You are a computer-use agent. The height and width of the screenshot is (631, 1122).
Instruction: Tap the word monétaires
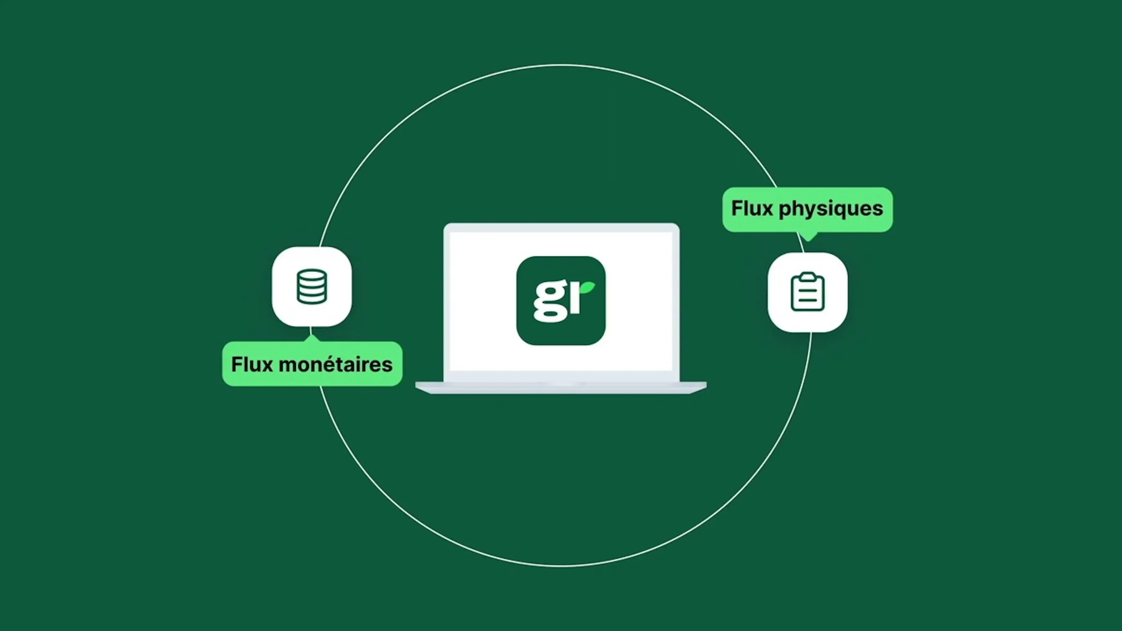(x=336, y=365)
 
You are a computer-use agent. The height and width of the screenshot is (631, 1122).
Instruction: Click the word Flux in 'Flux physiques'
(x=752, y=208)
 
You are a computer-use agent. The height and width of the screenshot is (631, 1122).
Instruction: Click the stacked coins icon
(x=311, y=286)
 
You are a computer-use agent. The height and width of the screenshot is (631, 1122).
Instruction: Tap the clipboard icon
(x=807, y=292)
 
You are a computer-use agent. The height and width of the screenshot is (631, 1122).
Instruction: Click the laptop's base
(x=561, y=388)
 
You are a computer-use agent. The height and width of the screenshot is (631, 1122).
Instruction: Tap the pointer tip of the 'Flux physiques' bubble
(x=809, y=240)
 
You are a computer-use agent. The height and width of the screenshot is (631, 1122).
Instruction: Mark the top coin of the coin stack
(x=311, y=276)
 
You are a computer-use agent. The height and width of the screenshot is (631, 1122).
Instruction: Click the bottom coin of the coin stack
(x=311, y=298)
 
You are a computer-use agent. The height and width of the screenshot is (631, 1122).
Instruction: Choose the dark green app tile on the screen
(x=561, y=301)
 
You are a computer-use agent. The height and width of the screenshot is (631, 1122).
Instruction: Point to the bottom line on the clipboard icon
(x=807, y=301)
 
